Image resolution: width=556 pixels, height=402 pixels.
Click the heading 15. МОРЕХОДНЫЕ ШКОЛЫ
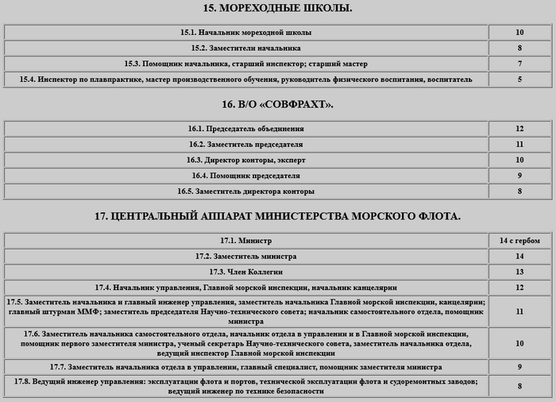tap(277, 9)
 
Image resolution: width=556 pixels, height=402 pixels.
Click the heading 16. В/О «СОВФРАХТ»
tap(277, 104)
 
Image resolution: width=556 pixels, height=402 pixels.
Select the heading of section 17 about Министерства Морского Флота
tap(277, 215)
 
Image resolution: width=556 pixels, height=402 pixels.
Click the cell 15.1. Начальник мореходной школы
tap(245, 33)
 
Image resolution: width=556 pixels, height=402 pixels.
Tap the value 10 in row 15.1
tap(519, 33)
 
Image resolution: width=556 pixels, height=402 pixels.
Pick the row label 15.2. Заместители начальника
tap(245, 48)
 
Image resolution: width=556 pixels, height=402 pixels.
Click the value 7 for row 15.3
tap(519, 64)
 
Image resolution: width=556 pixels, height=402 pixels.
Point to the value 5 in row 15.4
tap(519, 79)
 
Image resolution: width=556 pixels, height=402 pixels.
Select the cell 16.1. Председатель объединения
tap(245, 128)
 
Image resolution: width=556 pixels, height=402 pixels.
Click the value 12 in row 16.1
tap(519, 128)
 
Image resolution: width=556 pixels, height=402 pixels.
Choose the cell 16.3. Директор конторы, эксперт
tap(245, 160)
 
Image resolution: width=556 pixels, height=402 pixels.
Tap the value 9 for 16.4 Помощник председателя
tap(519, 176)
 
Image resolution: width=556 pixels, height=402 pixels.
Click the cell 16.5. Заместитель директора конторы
tap(245, 191)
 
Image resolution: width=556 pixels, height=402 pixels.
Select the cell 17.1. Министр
tap(245, 240)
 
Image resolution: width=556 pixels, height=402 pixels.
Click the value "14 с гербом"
tap(519, 240)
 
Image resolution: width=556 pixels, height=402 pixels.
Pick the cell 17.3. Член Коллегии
tap(245, 272)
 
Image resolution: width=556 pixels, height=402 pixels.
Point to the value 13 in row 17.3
tap(519, 272)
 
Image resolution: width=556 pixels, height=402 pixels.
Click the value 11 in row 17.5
tap(519, 311)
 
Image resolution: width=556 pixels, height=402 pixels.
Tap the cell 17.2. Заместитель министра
tap(245, 256)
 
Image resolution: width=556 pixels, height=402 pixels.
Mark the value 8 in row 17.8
tap(519, 386)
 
